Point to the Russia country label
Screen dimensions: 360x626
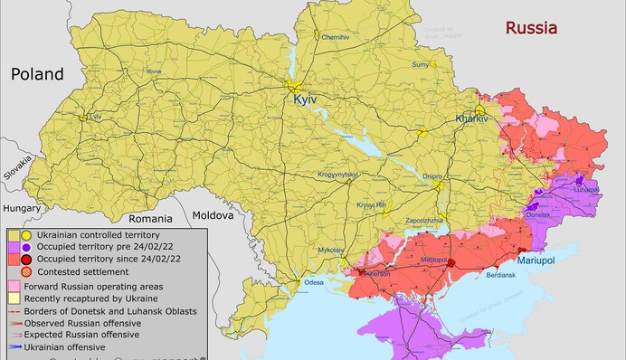[530, 27]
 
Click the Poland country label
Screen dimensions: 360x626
[37, 74]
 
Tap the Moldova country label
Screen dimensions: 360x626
[212, 215]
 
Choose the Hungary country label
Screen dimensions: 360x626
[22, 208]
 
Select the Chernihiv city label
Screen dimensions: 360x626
[335, 37]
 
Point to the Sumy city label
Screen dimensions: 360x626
[420, 65]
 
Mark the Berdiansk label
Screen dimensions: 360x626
[501, 275]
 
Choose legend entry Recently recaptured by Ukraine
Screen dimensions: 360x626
[90, 298]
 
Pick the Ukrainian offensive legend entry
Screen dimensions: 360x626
[69, 346]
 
